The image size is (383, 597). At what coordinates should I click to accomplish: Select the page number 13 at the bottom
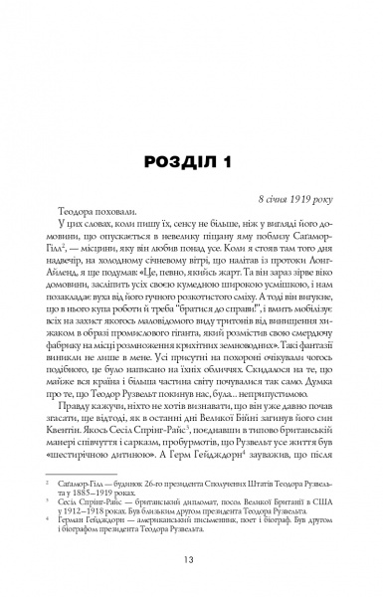(x=191, y=566)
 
